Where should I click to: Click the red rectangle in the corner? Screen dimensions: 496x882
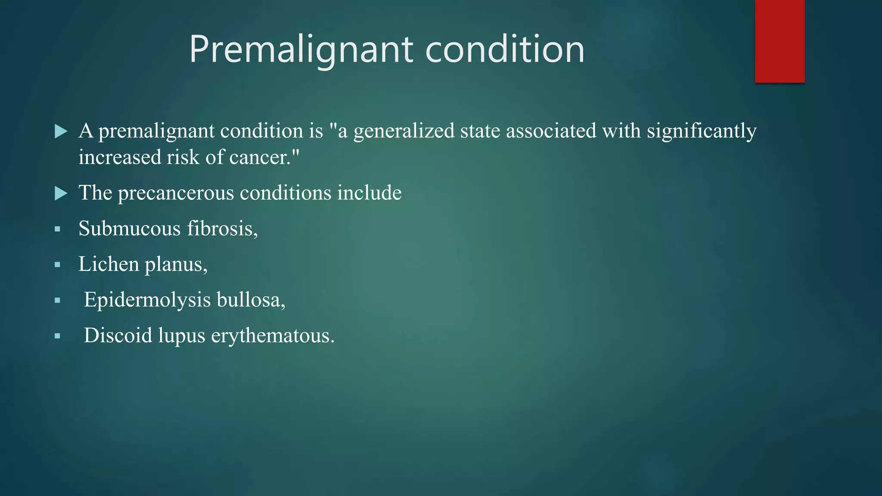click(780, 41)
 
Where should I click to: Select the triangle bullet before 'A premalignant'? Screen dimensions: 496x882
click(61, 131)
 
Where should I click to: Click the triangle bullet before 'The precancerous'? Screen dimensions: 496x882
click(61, 193)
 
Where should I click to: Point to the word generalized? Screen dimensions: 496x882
click(404, 131)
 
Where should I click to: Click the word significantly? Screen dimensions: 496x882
click(702, 131)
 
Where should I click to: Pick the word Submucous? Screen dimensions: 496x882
click(129, 228)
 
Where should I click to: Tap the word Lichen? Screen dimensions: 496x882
click(109, 264)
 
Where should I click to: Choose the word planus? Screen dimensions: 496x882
click(176, 265)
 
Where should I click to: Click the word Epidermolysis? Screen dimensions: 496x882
click(147, 300)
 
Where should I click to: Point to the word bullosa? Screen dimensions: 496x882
click(251, 300)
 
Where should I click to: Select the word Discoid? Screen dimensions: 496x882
click(118, 335)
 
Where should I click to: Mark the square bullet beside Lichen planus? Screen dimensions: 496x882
click(57, 265)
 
